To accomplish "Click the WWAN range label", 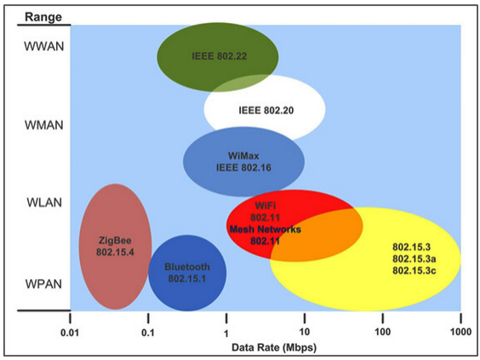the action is click(x=44, y=47).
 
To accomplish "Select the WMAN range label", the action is click(x=44, y=125).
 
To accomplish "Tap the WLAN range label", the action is click(x=44, y=203).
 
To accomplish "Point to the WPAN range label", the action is click(x=43, y=284).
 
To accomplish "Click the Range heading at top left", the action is click(x=43, y=17).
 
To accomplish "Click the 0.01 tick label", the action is click(x=70, y=333).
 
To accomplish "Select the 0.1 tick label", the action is click(x=148, y=333).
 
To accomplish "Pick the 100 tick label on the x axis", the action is click(x=383, y=332).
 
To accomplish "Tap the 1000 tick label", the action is click(x=460, y=332).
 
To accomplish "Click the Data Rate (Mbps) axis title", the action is click(x=274, y=347).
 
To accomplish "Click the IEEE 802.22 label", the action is click(x=220, y=56).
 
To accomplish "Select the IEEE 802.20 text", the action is click(x=266, y=110).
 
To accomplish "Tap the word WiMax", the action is click(x=243, y=156).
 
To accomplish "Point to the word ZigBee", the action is click(x=115, y=240).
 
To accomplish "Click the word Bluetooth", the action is click(x=187, y=266).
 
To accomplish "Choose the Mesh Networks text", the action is click(x=266, y=229).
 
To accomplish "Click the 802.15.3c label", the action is click(x=414, y=271).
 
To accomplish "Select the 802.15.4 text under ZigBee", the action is click(x=115, y=252).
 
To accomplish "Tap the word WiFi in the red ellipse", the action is click(x=265, y=205).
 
